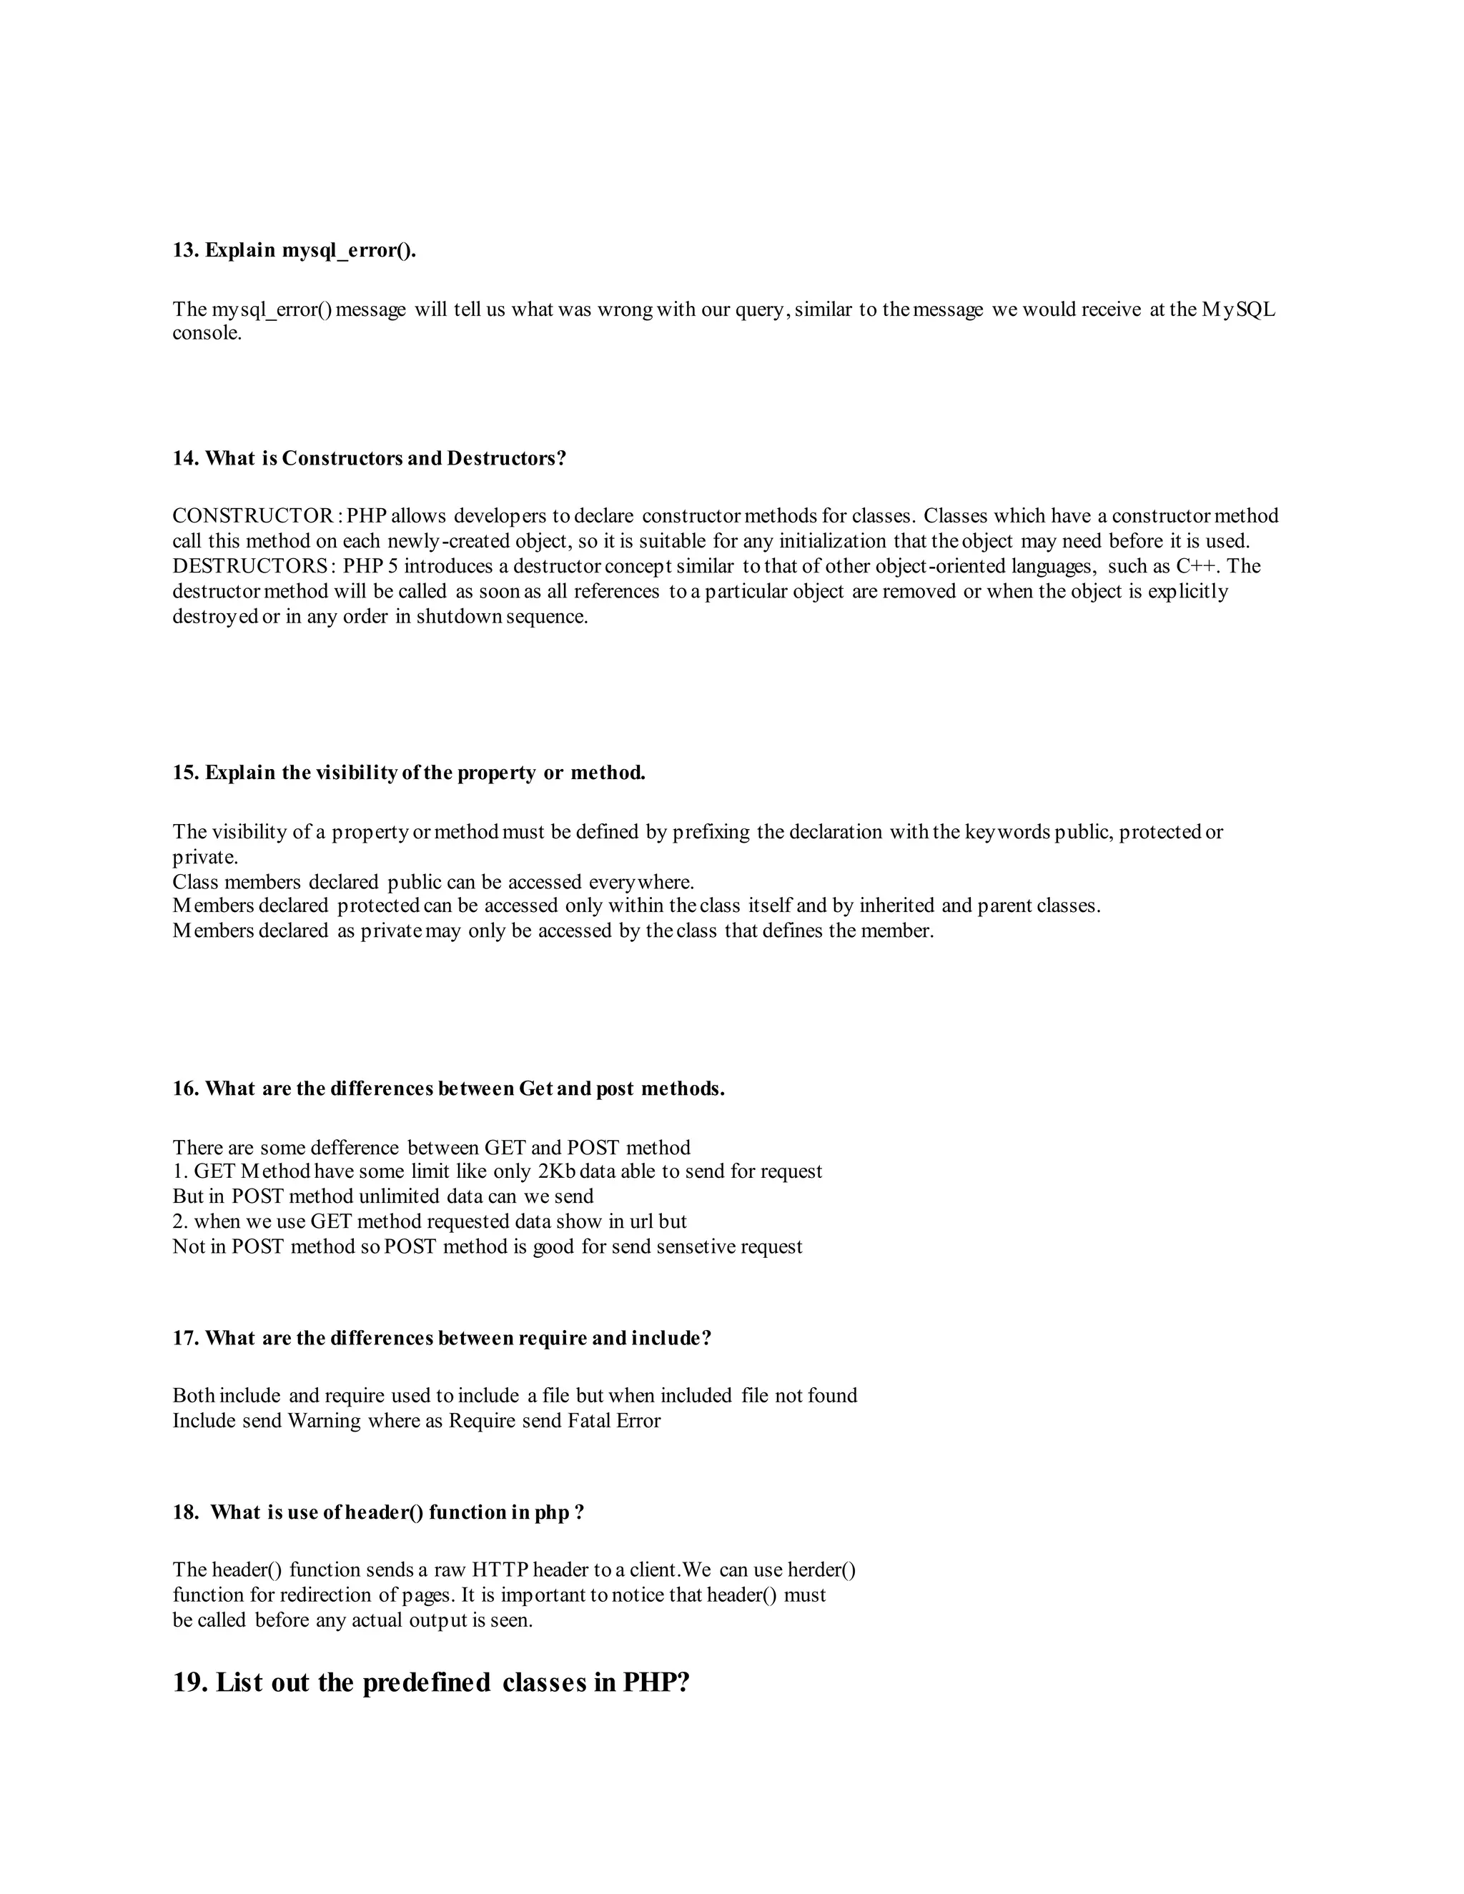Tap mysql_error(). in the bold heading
pos(350,251)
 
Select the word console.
pos(207,333)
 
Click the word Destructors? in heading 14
pos(507,458)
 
